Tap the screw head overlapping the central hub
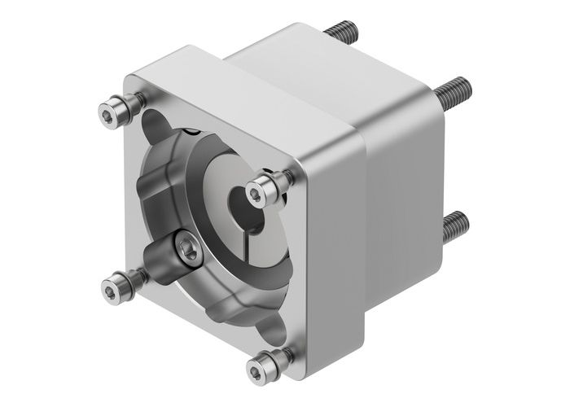coord(261,190)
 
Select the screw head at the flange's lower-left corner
coord(115,284)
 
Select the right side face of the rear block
coord(407,203)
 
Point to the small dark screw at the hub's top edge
coord(192,131)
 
